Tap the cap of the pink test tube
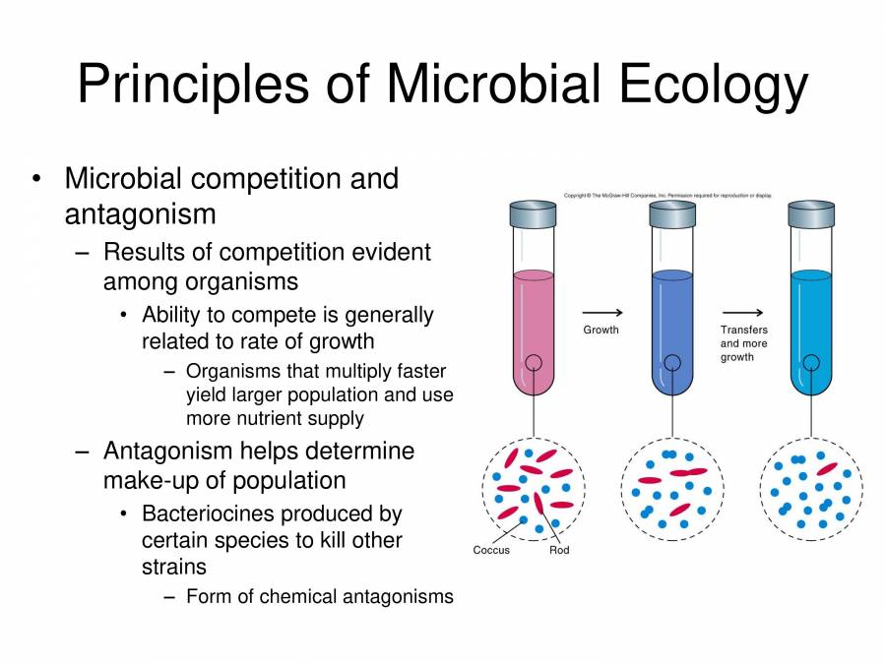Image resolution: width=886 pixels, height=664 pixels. point(535,213)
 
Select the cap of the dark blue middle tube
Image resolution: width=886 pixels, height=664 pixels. point(673,213)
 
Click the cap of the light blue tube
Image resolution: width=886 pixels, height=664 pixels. point(812,213)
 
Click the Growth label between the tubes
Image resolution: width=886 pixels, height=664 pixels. point(601,330)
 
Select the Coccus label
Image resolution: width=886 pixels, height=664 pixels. point(491,550)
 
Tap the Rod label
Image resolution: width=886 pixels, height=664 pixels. point(559,550)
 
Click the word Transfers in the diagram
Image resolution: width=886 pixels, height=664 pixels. point(743,330)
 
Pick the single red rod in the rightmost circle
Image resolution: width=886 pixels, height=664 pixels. point(827,469)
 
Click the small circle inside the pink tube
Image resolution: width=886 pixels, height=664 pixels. point(533,363)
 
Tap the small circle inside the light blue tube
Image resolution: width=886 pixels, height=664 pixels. point(811,363)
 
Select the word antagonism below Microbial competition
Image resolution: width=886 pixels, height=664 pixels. point(140,212)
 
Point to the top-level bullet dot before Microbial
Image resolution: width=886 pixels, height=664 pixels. point(36,179)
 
